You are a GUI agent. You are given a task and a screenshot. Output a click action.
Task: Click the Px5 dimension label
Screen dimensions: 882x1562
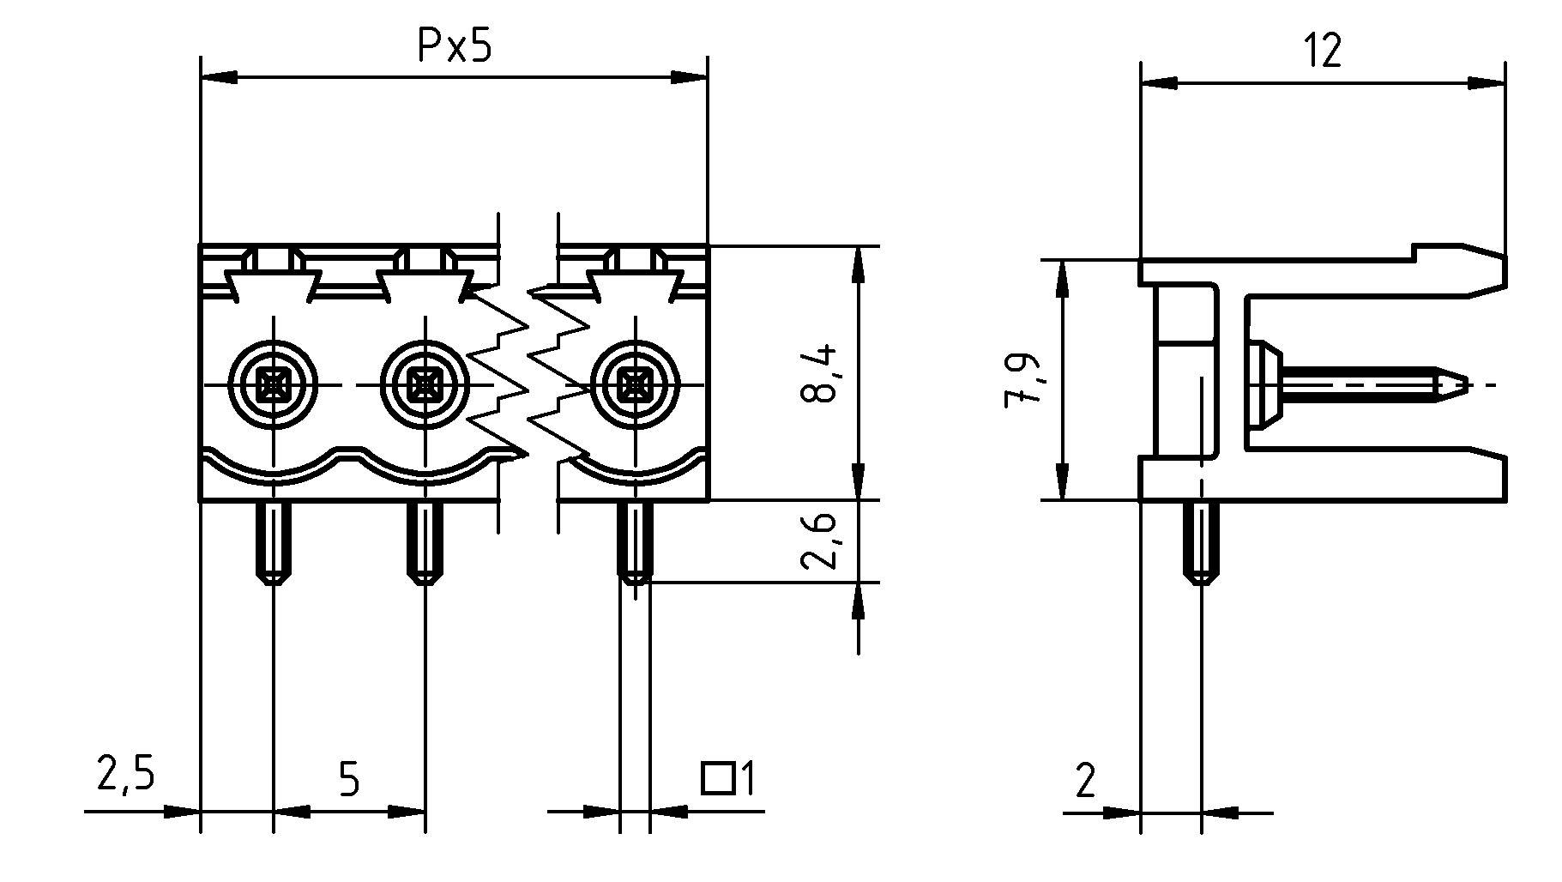[x=455, y=47]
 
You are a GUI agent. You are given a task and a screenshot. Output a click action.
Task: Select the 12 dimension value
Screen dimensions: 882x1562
[x=1323, y=51]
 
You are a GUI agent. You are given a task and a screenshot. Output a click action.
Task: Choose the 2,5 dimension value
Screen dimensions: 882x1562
[x=125, y=775]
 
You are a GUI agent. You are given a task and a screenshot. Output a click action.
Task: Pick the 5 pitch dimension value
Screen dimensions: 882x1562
[x=348, y=779]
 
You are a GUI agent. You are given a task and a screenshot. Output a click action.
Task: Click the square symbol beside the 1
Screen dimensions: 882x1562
[x=718, y=778]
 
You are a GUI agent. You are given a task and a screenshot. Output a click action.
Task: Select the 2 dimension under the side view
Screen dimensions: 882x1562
[x=1085, y=781]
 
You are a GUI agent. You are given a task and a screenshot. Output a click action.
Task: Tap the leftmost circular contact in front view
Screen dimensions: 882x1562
[x=274, y=385]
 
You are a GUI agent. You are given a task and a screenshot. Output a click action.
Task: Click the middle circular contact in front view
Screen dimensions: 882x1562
[x=425, y=385]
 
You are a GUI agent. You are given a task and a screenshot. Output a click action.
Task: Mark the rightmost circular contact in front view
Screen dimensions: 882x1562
[x=636, y=385]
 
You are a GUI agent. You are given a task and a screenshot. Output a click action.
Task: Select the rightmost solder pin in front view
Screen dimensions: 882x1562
[x=635, y=542]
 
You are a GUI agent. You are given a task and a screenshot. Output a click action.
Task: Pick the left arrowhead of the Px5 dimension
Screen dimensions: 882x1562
[x=218, y=78]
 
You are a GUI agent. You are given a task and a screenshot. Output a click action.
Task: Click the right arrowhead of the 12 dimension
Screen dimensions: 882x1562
[x=1488, y=84]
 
